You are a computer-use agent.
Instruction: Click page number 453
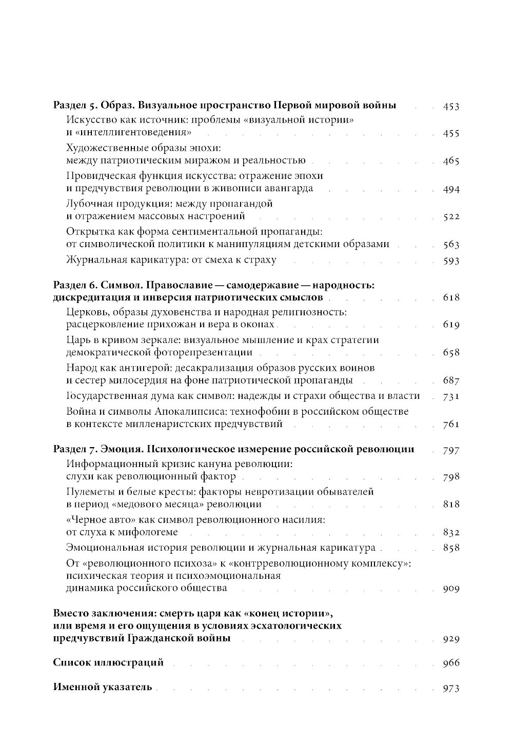pos(450,107)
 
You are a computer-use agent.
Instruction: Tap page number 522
pos(450,217)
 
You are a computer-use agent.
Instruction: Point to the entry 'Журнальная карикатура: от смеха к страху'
pos(171,259)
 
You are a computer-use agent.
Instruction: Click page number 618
pos(450,298)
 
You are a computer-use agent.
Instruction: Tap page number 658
pos(450,353)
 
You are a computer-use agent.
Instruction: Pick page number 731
pos(450,396)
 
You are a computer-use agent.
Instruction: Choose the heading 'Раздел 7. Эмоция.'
pos(98,449)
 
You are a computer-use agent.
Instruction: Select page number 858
pos(450,548)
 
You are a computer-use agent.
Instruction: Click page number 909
pos(450,589)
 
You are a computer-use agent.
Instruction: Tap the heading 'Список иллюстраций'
pos(108,662)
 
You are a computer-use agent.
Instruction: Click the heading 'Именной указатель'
pos(103,688)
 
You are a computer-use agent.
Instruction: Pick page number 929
pos(450,639)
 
